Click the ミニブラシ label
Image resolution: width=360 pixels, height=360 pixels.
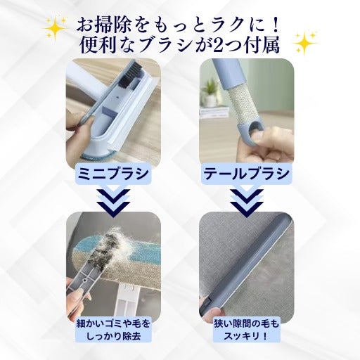tap(113, 174)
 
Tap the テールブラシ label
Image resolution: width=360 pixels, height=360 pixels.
tap(246, 174)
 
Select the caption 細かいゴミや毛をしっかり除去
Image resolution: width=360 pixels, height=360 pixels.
tap(113, 330)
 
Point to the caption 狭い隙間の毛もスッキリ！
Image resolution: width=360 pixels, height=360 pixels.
tap(247, 330)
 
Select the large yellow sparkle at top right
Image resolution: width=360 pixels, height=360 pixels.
tap(305, 43)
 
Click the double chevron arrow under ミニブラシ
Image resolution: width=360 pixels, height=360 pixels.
tap(113, 202)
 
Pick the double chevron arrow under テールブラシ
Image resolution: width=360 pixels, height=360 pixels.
tap(247, 202)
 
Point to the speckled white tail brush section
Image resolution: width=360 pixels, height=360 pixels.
tap(240, 104)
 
